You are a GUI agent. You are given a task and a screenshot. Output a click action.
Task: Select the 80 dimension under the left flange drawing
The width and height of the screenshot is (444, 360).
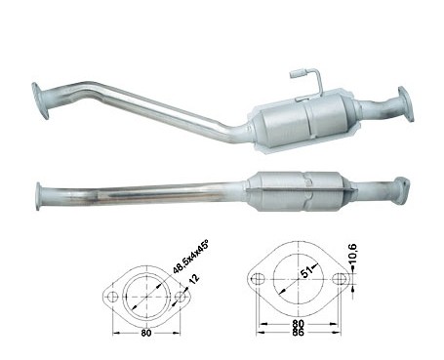[146, 333]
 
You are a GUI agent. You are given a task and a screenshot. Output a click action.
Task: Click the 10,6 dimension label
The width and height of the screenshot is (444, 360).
[352, 253]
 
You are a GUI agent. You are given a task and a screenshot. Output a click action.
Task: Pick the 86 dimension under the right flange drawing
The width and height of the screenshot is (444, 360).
[298, 332]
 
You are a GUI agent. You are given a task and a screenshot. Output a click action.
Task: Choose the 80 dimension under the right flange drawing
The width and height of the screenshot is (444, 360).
[298, 324]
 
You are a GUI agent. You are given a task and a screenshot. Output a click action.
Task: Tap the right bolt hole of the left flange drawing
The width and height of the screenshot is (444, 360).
[180, 297]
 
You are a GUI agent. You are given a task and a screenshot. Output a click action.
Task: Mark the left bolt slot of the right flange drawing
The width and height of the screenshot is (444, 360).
[259, 279]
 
